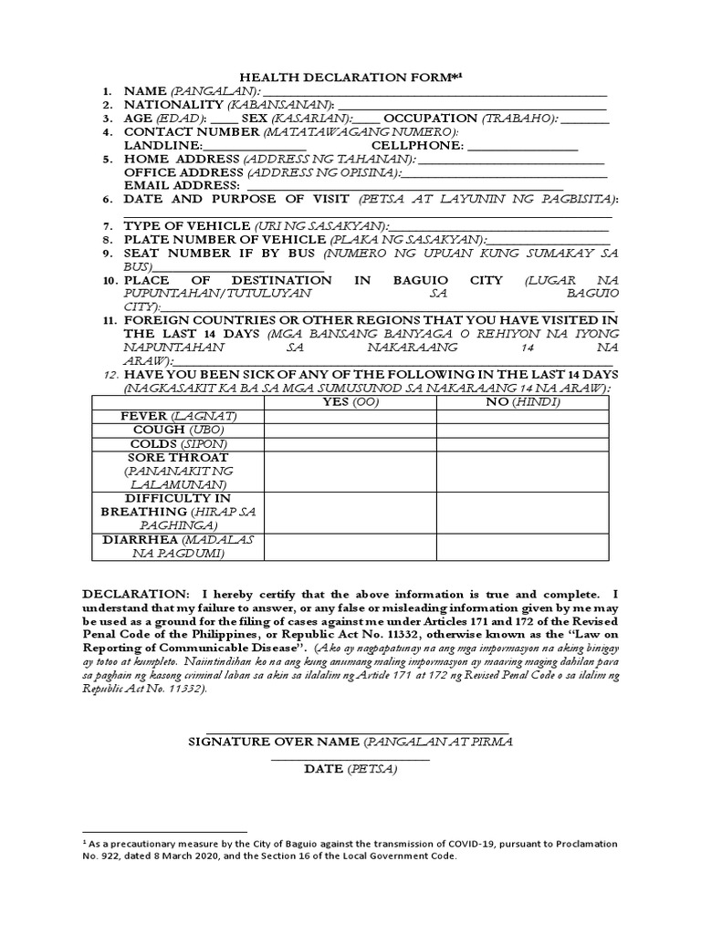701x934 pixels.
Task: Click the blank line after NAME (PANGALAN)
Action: [x=434, y=93]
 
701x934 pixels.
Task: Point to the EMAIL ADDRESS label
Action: [x=182, y=185]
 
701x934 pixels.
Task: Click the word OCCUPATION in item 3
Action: [x=430, y=119]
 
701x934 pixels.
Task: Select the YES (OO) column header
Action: [x=350, y=402]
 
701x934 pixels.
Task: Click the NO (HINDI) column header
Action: [x=522, y=402]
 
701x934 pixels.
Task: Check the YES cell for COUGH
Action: [x=350, y=431]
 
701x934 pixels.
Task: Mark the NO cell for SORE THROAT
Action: [x=522, y=472]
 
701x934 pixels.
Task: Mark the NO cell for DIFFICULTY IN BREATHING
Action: [x=522, y=513]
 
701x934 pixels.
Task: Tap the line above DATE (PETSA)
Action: [x=350, y=758]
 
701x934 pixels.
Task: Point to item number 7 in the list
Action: [x=107, y=226]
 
